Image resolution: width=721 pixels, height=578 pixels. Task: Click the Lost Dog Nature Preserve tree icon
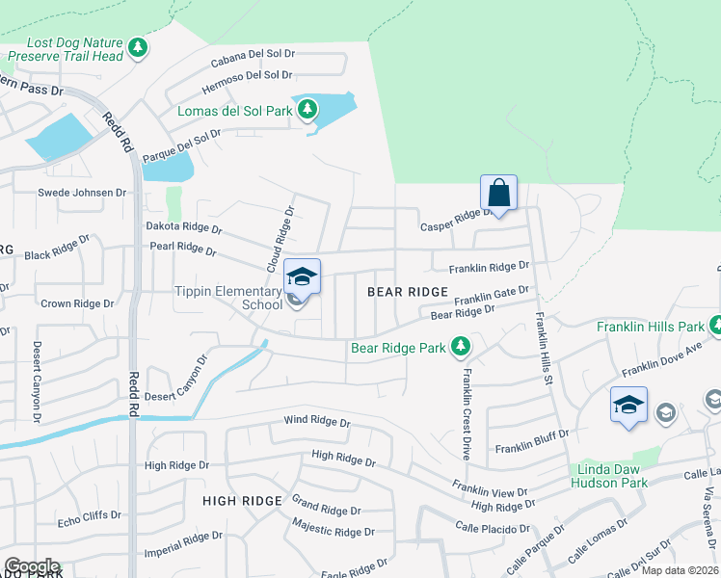pyautogui.click(x=138, y=47)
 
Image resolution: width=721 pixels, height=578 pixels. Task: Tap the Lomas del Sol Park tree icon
pyautogui.click(x=307, y=110)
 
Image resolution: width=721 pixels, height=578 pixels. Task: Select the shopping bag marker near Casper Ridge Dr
pyautogui.click(x=498, y=194)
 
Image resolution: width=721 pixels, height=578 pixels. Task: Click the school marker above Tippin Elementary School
pyautogui.click(x=302, y=278)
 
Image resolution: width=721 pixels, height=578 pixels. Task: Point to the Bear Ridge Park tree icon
pyautogui.click(x=461, y=346)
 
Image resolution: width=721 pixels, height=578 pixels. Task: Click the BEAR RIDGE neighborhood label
pyautogui.click(x=407, y=291)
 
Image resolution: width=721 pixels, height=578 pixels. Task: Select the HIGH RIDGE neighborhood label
pyautogui.click(x=242, y=500)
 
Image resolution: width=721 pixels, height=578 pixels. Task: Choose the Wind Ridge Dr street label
pyautogui.click(x=316, y=421)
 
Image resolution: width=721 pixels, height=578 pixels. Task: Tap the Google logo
pyautogui.click(x=32, y=566)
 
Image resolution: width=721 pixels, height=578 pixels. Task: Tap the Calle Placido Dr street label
pyautogui.click(x=494, y=526)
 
